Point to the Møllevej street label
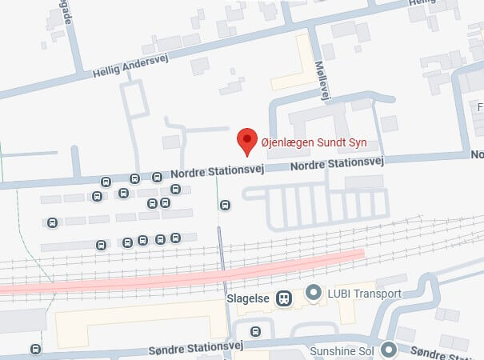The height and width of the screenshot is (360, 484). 322,80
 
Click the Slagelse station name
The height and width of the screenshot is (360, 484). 247,298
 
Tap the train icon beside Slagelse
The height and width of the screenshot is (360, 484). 283,298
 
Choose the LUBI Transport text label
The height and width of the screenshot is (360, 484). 364,294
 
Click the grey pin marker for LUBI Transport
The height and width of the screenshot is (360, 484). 314,294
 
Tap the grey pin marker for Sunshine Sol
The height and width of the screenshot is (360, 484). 389,349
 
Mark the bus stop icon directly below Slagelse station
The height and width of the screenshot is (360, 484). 255,331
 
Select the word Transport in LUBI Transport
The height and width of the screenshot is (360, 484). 377,294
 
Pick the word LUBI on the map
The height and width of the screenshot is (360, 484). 338,294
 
